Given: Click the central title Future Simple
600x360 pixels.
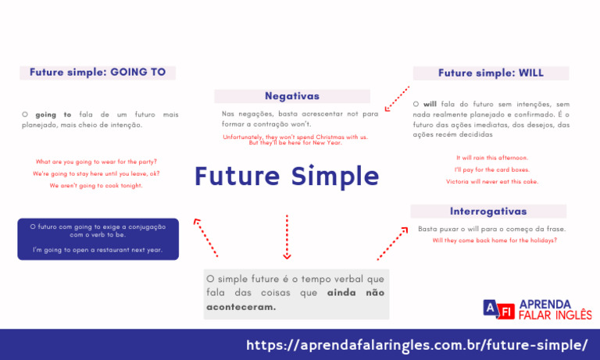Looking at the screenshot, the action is coord(287,176).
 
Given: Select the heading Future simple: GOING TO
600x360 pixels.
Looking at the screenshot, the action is coord(98,73).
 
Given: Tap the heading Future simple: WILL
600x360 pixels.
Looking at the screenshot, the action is coord(491,73).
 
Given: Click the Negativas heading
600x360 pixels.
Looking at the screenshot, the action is coord(292,96).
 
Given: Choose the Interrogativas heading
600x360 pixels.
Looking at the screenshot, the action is coord(488,211).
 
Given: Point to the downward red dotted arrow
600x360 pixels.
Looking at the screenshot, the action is coord(287,237).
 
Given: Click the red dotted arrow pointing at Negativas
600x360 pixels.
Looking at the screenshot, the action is coord(397,98).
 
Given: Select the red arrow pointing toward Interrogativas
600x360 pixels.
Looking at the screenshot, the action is coord(393,244).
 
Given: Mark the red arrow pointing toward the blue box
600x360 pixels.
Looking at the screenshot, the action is coord(205,237).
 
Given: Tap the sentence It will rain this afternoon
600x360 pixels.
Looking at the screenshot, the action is coord(492,158).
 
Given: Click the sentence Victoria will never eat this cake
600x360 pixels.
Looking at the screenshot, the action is coord(492,182).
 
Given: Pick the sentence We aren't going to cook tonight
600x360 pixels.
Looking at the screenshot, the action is coord(96,186).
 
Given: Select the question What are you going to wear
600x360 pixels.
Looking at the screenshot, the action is coord(96,162).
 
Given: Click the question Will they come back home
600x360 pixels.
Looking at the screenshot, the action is coord(495,241).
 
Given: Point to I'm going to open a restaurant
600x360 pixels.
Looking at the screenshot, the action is coord(98,250).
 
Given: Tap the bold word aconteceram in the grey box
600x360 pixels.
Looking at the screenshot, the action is coord(241,307).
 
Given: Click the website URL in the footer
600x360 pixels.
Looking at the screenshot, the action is coord(416,345).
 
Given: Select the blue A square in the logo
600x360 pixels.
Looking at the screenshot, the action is coord(491,308).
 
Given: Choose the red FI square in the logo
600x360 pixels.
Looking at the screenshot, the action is coord(506,312).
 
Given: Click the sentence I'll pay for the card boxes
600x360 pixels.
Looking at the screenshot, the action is coord(492,169).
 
